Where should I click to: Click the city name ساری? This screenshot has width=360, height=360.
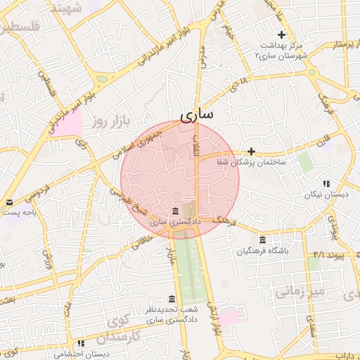tap(196, 114)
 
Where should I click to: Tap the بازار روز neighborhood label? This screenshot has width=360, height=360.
tap(112, 122)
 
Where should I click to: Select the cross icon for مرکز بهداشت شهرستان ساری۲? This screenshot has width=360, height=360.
tap(282, 34)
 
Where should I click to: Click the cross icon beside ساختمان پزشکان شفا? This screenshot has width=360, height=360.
tap(251, 151)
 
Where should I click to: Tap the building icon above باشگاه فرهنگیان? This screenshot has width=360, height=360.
tap(262, 239)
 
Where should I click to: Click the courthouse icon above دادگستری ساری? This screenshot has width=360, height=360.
tap(174, 212)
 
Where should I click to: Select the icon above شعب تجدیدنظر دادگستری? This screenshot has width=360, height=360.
tap(172, 299)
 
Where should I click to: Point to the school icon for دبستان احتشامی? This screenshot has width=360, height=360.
tap(81, 344)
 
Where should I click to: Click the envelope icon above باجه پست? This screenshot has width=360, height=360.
tap(8, 202)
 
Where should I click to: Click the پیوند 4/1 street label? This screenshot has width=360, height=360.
tap(330, 253)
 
